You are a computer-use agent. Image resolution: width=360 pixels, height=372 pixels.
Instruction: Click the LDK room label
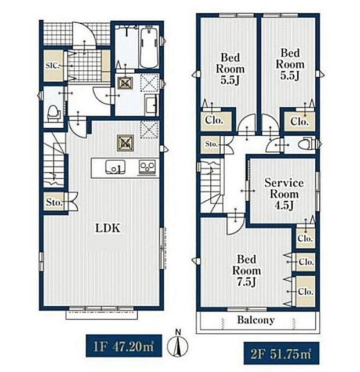(108, 228)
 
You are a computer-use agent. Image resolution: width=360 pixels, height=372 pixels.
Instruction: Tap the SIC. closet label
(52, 65)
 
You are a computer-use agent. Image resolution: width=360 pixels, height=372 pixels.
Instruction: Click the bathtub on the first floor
(149, 48)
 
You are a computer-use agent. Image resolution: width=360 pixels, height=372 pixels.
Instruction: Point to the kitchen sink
(116, 167)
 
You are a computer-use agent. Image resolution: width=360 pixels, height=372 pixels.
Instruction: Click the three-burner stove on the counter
(147, 167)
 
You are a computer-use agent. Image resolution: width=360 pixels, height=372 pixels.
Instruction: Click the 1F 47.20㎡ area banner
(124, 346)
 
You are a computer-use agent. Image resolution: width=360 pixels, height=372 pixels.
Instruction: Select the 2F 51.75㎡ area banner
(281, 353)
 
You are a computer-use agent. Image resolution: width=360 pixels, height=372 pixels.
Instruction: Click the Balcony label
(256, 320)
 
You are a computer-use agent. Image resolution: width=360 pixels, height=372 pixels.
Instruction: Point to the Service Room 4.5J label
(284, 194)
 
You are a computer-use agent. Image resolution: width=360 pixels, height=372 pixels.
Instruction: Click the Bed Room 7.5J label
(246, 270)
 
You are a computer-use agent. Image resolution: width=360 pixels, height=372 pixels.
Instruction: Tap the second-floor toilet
(307, 143)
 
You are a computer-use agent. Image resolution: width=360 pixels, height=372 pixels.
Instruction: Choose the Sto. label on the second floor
(211, 144)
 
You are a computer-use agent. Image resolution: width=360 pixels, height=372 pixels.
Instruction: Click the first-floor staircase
(54, 159)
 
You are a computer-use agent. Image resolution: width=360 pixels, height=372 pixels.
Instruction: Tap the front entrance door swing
(84, 35)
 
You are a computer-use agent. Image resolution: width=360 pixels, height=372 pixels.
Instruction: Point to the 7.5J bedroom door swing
(235, 224)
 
